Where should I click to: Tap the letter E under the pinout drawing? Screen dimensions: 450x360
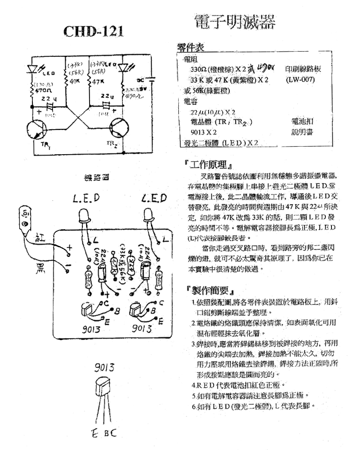95,433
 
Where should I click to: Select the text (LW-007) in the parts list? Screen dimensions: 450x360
300,79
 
